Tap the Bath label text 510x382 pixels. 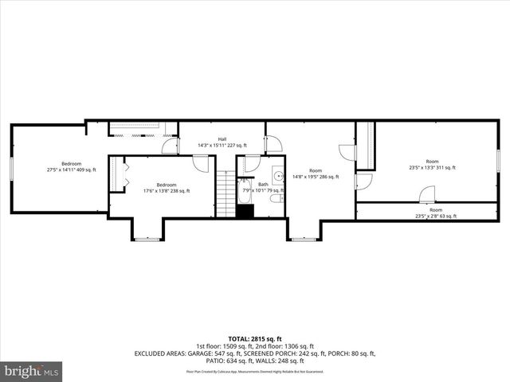click(263, 184)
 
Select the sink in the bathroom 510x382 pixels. click(277, 177)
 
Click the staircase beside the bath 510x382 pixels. click(227, 196)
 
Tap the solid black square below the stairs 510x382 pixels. click(245, 212)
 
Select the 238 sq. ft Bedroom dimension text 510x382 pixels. click(166, 191)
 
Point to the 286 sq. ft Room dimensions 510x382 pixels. click(316, 177)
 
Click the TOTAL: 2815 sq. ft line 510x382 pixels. click(254, 339)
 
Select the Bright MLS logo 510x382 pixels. click(32, 372)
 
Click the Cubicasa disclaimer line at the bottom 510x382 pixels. click(254, 371)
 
